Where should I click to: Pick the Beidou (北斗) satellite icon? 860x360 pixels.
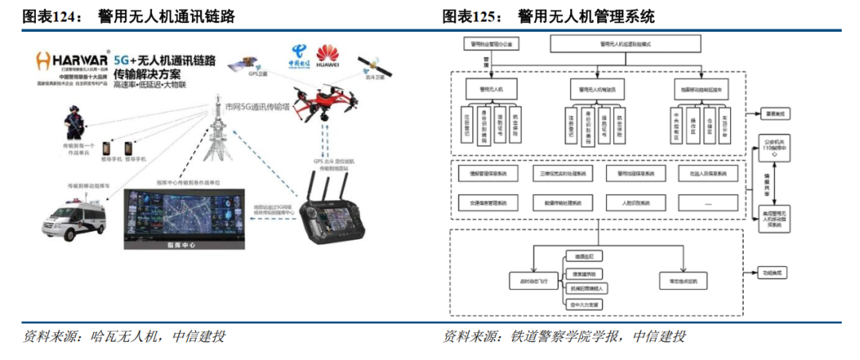coord(373,65)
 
